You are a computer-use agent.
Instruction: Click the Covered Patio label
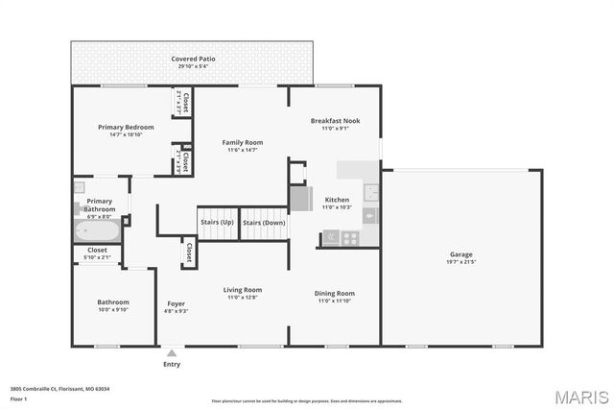(192, 60)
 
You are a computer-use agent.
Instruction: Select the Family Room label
(242, 142)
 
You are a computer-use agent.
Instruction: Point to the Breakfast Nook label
(335, 121)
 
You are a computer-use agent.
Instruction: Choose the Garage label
(461, 254)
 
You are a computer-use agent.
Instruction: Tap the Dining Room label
(335, 293)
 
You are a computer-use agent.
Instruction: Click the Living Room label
(243, 290)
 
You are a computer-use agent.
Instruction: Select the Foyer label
(177, 303)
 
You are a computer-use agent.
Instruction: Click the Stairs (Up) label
(216, 223)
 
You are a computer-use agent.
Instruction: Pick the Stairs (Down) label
(263, 223)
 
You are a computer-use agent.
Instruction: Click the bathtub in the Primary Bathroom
(96, 231)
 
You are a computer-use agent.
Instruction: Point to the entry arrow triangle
(172, 352)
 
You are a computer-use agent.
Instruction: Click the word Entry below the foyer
(172, 364)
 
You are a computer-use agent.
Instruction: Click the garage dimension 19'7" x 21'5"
(461, 262)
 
